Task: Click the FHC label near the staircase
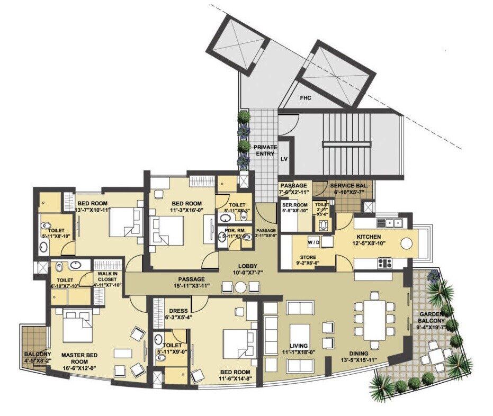(306, 98)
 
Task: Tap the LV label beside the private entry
(284, 158)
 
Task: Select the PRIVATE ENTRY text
(265, 150)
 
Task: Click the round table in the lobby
(240, 287)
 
